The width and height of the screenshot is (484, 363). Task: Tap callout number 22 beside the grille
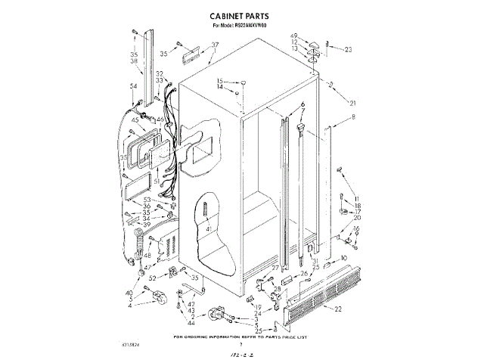[x=338, y=309]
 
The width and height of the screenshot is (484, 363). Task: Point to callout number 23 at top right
[x=349, y=51]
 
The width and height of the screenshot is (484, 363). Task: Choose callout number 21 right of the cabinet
[x=352, y=103]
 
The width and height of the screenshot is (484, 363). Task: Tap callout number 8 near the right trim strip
[x=352, y=117]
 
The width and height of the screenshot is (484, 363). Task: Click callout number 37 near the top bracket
[x=214, y=45]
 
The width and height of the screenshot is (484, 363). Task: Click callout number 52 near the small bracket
[x=153, y=278]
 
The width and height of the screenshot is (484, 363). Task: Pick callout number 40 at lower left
[x=129, y=293]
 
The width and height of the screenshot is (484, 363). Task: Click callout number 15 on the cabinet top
[x=221, y=81]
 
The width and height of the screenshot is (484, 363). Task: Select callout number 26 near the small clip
[x=304, y=274]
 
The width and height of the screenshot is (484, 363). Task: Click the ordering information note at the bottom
[x=242, y=335]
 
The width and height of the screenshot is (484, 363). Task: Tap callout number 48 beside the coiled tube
[x=147, y=256]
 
